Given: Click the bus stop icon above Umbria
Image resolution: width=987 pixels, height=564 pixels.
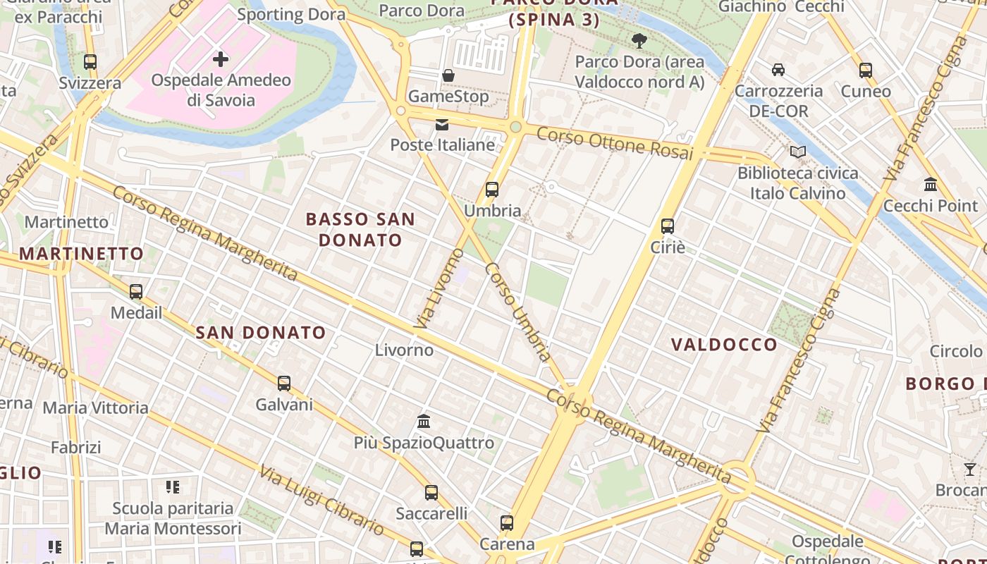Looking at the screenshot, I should point(492,190).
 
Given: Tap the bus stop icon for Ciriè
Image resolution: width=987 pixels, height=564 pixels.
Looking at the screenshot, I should point(667,226).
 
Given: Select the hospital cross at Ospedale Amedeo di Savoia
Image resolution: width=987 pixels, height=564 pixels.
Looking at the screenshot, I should point(221,59).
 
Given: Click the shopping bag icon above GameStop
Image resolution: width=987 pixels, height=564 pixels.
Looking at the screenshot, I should point(448,75).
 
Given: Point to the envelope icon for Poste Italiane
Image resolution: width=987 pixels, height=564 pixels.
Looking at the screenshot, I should point(442,125).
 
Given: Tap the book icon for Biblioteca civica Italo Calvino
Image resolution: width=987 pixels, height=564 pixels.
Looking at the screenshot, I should point(797,152).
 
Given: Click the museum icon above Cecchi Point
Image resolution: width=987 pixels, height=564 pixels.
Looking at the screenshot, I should point(930,185).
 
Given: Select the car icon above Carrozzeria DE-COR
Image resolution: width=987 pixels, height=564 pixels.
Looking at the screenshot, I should point(778,70).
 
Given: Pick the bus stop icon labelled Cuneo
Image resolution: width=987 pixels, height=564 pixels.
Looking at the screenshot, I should point(866,70).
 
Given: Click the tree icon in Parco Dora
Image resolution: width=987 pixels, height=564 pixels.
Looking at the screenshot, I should point(639,40).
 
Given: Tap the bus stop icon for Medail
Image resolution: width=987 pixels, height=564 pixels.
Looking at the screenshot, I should point(136,291).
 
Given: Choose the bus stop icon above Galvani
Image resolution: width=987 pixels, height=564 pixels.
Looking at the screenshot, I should point(283,384).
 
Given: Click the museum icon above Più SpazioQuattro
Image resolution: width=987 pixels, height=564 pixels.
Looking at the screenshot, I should point(424,422).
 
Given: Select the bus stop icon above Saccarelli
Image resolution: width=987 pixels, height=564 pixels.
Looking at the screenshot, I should point(431,493).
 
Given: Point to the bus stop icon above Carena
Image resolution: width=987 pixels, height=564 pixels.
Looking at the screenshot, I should point(506,523).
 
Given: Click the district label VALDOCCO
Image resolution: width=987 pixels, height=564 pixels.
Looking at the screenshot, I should point(724,345).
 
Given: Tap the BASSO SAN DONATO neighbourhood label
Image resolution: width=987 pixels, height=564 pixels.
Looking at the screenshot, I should point(360,229).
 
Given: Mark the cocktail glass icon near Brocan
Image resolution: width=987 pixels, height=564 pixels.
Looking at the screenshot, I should point(970,470).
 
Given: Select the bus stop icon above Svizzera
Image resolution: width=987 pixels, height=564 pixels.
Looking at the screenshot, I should point(90,62).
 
